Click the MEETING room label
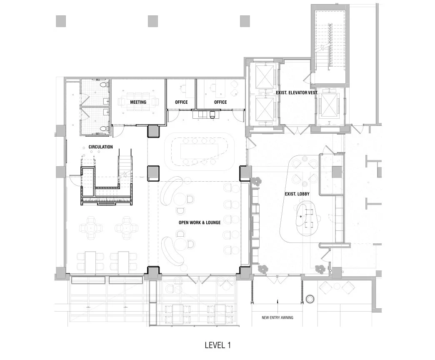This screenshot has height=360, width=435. pos(138,102)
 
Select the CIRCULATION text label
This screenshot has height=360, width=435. pos(100,147)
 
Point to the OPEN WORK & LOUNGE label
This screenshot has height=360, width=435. pos(200,222)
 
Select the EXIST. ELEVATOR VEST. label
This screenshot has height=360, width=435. pos(297,93)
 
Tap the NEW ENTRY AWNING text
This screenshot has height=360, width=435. pos(277,317)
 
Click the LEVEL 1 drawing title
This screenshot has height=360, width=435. pos(217,345)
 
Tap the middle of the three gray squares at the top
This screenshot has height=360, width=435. pos(153,21)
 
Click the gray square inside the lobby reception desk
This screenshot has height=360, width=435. pos(337,170)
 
